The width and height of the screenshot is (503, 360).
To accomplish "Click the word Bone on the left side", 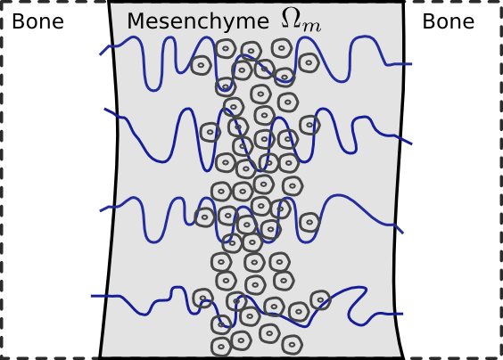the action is [37, 21].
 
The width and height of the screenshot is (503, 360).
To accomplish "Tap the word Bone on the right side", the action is [448, 21].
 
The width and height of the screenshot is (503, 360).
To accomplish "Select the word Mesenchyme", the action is [198, 21].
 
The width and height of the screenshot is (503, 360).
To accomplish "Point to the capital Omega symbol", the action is [292, 17].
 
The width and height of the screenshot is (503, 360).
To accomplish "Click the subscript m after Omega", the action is [311, 27].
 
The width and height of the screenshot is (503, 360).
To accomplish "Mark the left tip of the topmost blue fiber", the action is [100, 54].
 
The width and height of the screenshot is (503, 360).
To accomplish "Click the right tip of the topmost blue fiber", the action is [411, 64].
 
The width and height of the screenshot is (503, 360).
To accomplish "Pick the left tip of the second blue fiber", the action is [105, 110].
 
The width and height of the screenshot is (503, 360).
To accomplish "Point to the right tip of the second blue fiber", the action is [411, 144].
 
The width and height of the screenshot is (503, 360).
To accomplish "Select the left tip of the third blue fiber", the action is [101, 211].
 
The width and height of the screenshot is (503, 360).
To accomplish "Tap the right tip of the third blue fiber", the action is [402, 233].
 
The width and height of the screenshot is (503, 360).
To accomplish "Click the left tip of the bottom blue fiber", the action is [92, 296].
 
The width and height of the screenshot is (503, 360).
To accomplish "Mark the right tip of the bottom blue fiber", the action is [402, 314].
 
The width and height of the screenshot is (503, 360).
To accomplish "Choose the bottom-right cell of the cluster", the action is [292, 345].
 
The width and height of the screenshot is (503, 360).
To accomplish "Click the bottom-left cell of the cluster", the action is [221, 347].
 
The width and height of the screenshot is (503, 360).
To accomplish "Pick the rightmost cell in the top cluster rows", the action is [309, 63].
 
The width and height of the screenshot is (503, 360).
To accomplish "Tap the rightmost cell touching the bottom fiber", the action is [320, 300].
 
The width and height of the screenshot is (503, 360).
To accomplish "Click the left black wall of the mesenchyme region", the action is [111, 179].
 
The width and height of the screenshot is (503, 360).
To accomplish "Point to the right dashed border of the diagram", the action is [500, 179].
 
